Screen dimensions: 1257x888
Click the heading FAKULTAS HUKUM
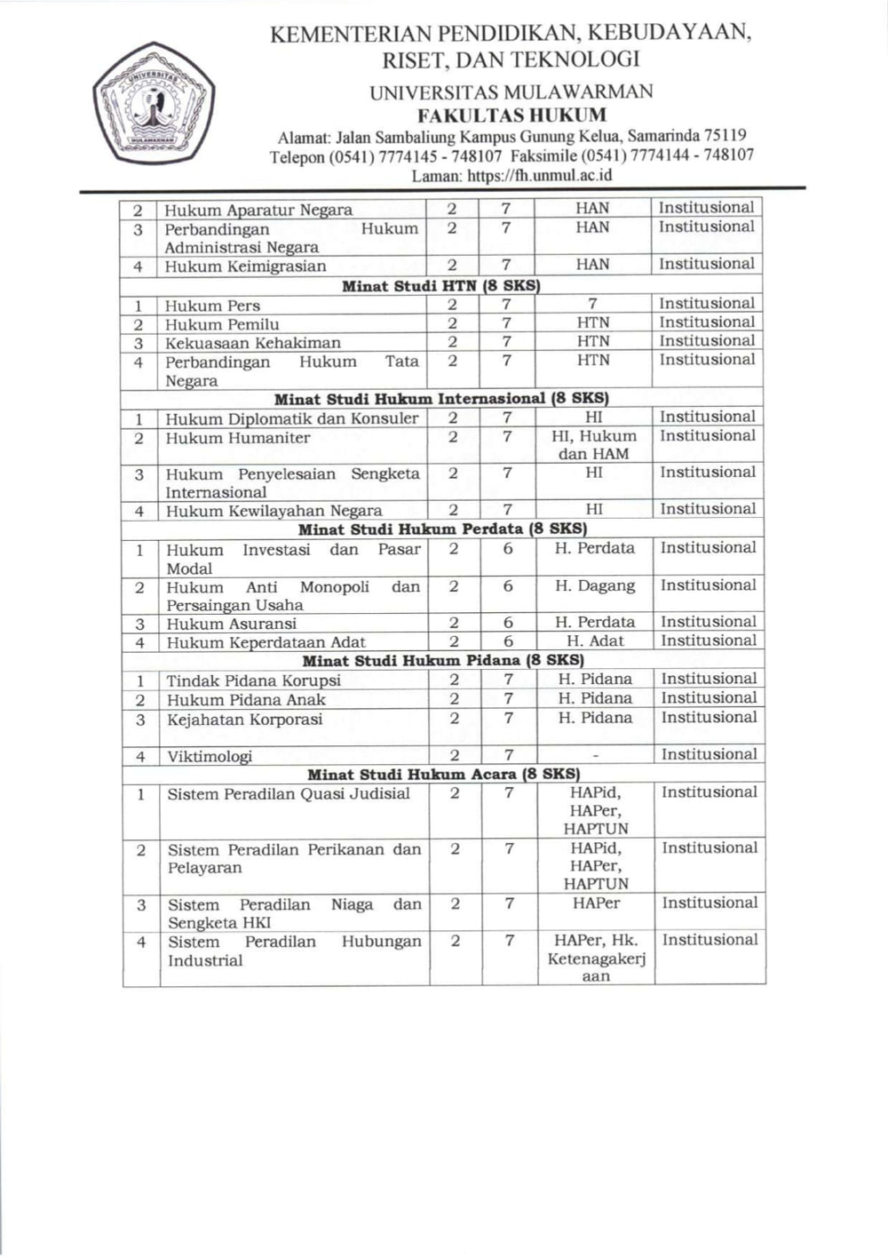[512, 115]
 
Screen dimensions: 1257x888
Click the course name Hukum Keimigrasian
[245, 266]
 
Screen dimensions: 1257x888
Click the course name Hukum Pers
[212, 305]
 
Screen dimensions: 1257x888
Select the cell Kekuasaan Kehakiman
[253, 343]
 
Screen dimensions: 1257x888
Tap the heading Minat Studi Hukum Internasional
[441, 398]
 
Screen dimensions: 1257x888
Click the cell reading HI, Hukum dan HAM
[594, 445]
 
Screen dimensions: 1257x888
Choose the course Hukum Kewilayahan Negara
[274, 511]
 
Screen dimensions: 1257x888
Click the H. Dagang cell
[595, 586]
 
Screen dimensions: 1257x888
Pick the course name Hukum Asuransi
[232, 624]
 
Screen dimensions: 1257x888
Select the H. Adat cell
[595, 641]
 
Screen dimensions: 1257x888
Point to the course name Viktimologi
[210, 757]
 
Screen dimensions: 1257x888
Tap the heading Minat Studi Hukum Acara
[443, 774]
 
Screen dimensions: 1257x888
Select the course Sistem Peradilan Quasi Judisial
[289, 794]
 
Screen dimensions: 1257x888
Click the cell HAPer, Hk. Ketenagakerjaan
[596, 958]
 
